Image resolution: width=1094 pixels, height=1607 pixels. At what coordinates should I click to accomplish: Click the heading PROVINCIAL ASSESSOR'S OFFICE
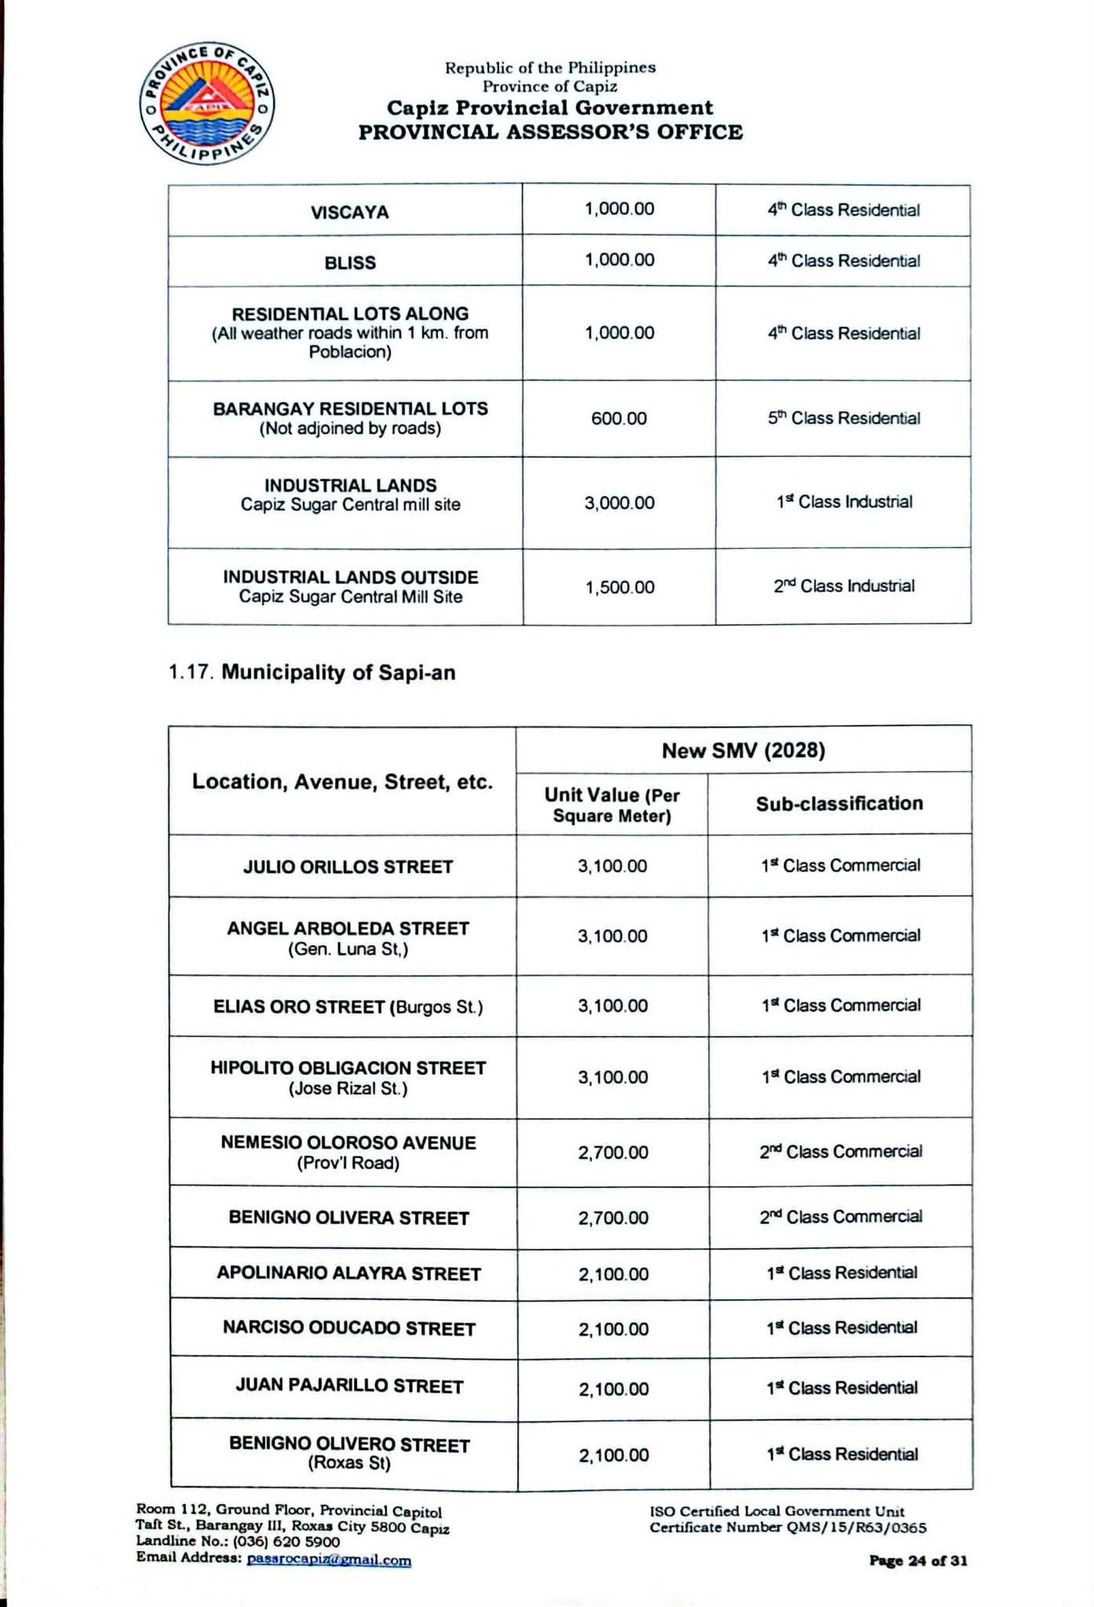tap(550, 132)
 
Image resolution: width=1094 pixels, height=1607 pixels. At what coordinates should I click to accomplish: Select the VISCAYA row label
tap(349, 213)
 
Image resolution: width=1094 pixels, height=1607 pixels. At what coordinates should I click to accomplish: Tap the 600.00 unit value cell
tap(618, 418)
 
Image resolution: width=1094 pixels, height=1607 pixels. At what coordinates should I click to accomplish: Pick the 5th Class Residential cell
tap(844, 418)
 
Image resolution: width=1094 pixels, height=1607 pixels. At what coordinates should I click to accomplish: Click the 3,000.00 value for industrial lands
tap(618, 503)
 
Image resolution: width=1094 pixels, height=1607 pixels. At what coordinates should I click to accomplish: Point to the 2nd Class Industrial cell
tap(844, 586)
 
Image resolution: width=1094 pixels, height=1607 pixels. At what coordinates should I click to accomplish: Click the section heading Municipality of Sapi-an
tap(337, 673)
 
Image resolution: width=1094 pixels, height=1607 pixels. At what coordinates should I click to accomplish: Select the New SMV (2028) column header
tap(743, 751)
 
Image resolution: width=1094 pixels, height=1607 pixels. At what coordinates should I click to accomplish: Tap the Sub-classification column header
tap(839, 804)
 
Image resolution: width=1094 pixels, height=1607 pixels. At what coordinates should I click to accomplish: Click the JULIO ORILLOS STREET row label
tap(348, 867)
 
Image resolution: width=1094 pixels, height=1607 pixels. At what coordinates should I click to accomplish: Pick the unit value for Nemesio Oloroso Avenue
tap(613, 1152)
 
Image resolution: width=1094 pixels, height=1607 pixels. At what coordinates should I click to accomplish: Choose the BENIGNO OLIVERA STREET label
tap(348, 1218)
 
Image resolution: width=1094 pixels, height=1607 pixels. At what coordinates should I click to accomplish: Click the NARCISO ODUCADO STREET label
tap(349, 1328)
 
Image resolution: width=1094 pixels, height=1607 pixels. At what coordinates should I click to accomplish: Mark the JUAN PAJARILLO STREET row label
tap(349, 1386)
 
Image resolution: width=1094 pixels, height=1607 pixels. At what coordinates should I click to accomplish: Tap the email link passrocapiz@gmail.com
tap(329, 1560)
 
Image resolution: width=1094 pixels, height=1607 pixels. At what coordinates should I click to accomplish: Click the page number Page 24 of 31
tap(917, 1561)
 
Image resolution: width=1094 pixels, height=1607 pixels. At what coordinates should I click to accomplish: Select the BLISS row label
tap(349, 263)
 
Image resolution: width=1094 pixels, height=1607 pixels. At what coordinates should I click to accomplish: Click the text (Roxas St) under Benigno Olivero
tap(349, 1463)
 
